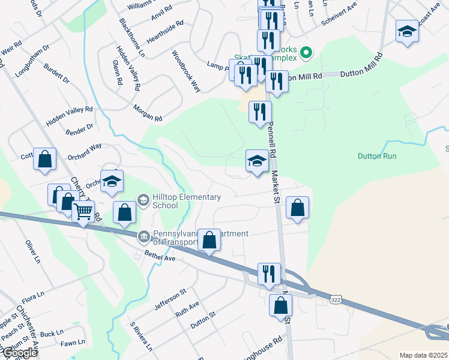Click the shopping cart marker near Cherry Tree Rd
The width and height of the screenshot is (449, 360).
pos(83,211)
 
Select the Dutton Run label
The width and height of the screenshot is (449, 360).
pos(377,156)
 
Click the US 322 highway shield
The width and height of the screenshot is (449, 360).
pos(337,298)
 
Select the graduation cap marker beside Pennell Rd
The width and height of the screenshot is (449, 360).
pos(256,161)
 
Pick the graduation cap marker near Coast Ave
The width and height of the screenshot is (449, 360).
pos(407,31)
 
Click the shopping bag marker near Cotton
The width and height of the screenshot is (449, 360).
pos(44,159)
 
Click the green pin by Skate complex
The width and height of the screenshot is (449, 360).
pos(306,53)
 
